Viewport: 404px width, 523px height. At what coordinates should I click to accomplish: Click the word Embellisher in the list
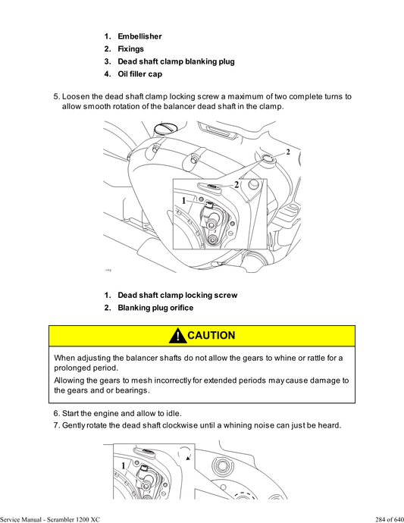(x=139, y=36)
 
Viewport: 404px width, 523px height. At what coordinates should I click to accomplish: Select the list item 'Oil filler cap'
(x=139, y=74)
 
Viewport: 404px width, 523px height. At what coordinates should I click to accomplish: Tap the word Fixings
(x=130, y=49)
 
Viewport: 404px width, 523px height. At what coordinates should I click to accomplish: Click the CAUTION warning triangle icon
(x=177, y=336)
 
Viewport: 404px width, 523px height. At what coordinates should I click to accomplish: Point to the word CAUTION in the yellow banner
(x=211, y=336)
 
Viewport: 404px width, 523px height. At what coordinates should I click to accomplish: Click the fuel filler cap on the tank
(x=162, y=130)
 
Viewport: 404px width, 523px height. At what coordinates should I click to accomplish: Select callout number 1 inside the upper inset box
(x=183, y=200)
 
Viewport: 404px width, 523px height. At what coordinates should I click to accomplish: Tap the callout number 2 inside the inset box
(x=236, y=184)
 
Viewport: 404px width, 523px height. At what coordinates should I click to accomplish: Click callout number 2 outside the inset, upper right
(x=287, y=152)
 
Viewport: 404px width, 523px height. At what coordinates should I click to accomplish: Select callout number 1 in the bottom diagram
(x=123, y=464)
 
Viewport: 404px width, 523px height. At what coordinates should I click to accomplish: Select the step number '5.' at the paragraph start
(x=56, y=97)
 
